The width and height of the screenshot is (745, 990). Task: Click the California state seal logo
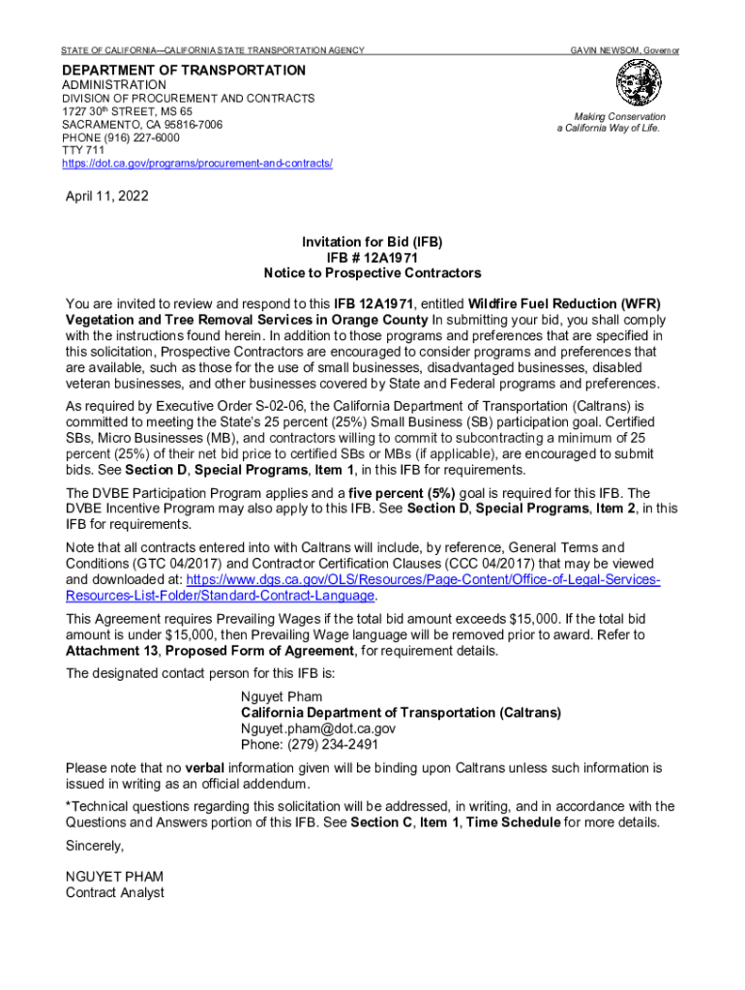(x=640, y=84)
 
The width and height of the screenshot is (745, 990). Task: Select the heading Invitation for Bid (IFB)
(x=372, y=241)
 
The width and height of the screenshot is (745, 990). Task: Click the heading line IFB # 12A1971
(x=372, y=257)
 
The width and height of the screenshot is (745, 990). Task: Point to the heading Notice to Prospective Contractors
(x=372, y=273)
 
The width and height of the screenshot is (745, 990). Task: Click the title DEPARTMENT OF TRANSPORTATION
(x=184, y=71)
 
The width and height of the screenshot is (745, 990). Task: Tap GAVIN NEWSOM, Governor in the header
(x=624, y=49)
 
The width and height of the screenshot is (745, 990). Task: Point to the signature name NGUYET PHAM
(x=114, y=877)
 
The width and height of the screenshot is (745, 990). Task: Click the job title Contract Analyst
(x=114, y=892)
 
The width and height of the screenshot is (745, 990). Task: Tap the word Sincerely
(x=95, y=846)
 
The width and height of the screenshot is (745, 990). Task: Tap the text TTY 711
(x=83, y=151)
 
